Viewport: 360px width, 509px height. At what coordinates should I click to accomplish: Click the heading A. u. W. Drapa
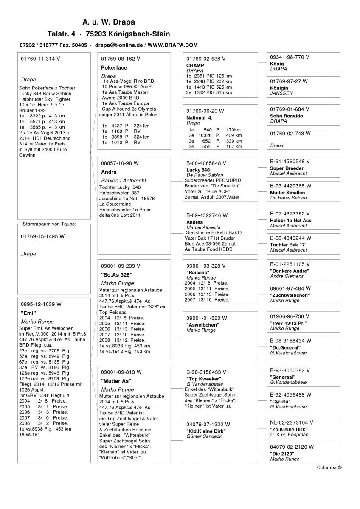[x=109, y=22]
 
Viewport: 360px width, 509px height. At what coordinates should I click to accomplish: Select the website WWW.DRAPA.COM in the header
[x=173, y=45]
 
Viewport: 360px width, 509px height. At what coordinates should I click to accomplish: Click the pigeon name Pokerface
[x=114, y=67]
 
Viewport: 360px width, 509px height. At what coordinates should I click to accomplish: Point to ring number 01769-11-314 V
[x=40, y=59]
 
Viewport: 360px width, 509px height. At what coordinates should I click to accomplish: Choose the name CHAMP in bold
[x=195, y=65]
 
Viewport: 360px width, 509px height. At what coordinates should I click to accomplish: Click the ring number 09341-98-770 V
[x=290, y=57]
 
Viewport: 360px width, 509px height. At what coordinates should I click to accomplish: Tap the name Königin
[x=279, y=88]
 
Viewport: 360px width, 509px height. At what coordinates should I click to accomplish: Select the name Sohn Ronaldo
[x=287, y=116]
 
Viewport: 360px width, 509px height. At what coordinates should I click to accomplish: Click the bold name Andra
[x=109, y=173]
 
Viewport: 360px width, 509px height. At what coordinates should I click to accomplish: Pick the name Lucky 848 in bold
[x=198, y=170]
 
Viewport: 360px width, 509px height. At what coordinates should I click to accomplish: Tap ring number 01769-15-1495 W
[x=42, y=236]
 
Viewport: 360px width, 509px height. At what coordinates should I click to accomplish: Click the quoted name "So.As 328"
[x=115, y=274]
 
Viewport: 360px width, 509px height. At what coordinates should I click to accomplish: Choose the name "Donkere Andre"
[x=290, y=271]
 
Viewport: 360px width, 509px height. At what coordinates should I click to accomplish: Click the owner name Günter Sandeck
[x=204, y=436]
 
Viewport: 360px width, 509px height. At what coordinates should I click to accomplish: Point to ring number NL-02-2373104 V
[x=292, y=422]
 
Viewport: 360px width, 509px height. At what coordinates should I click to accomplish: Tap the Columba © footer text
[x=329, y=467]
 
